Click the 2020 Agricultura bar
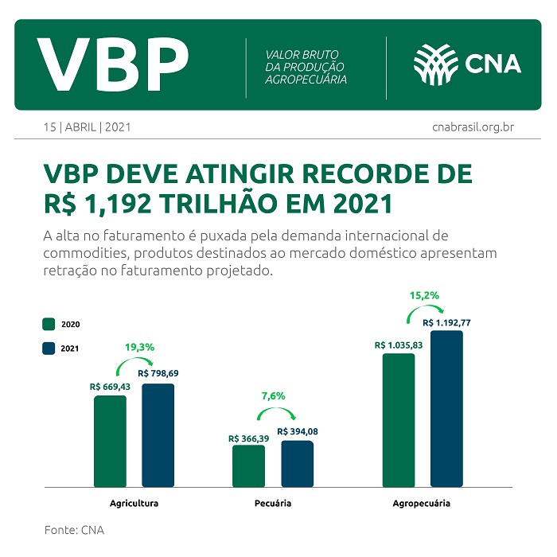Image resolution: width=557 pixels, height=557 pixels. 110,441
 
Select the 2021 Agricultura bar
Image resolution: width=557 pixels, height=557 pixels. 158,435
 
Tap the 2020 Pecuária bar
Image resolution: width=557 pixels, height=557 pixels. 248,465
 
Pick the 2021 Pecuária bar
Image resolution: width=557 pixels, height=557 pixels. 297,463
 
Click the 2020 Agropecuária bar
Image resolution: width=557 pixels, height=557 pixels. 398,420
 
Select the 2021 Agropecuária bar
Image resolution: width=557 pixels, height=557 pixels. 446,408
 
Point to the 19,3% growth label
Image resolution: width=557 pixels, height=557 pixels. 139,348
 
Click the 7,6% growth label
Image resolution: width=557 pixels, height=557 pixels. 273,395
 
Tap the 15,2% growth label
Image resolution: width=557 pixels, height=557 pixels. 423,295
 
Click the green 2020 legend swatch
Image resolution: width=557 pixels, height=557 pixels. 48,324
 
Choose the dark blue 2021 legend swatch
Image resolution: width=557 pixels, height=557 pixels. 48,348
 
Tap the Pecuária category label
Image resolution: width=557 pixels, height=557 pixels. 273,504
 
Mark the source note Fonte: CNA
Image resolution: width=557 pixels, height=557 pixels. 74,530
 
